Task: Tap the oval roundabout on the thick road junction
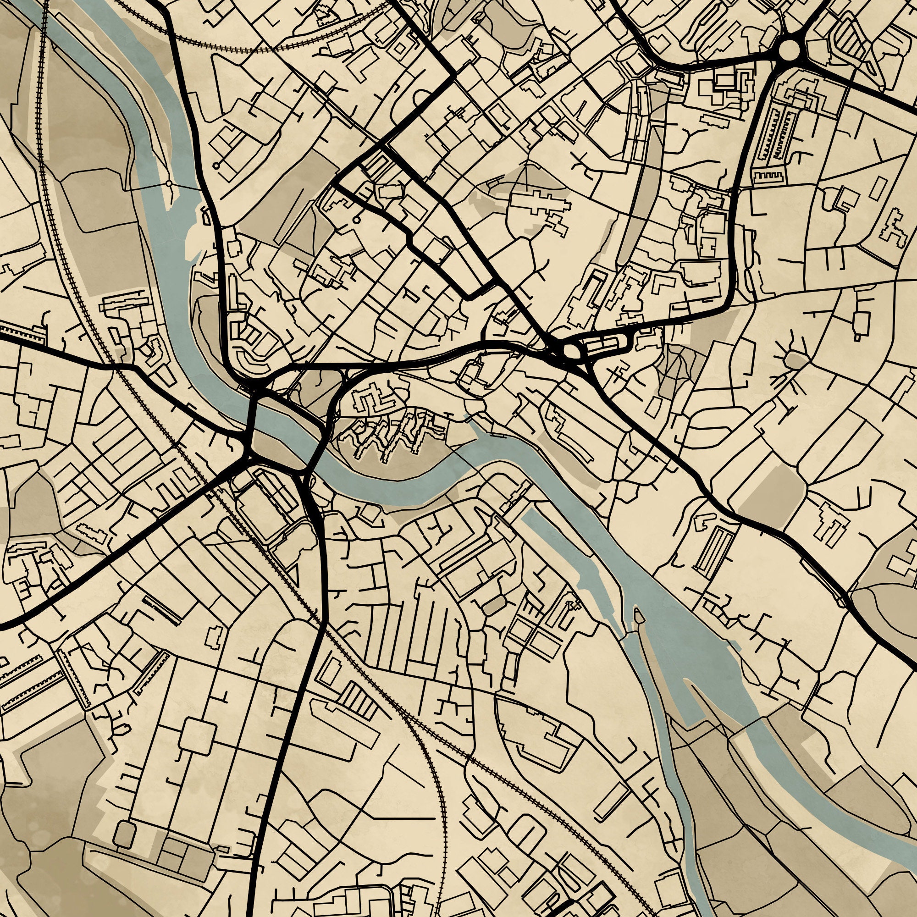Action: (571, 352)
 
